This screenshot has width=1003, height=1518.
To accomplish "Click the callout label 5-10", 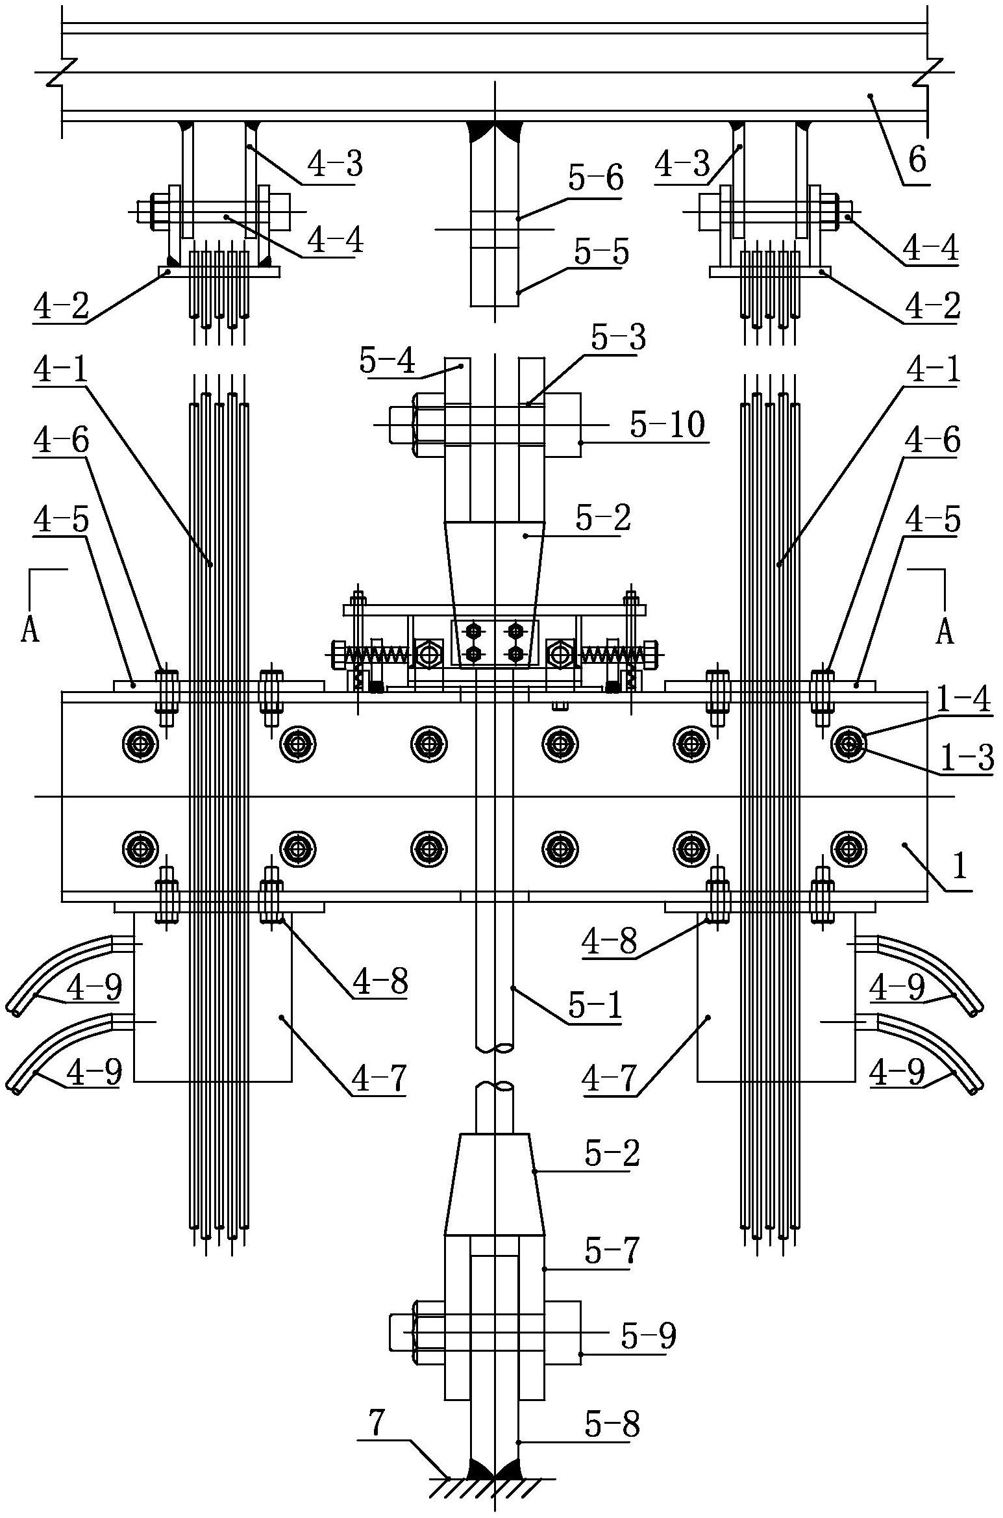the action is click(x=667, y=426).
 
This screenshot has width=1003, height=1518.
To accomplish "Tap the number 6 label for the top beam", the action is click(x=917, y=158).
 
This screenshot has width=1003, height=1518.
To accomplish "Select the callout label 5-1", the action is click(x=595, y=1006).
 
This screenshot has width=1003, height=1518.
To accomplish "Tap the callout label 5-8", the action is click(x=612, y=1424).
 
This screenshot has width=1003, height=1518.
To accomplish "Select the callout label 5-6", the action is click(x=595, y=177).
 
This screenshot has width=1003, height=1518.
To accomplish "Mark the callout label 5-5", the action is click(x=602, y=252).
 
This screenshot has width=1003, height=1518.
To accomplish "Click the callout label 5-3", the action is click(x=619, y=338).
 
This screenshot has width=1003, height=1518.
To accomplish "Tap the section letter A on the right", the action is click(x=945, y=630).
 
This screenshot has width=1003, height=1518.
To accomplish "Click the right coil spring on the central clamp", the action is click(x=607, y=654).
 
